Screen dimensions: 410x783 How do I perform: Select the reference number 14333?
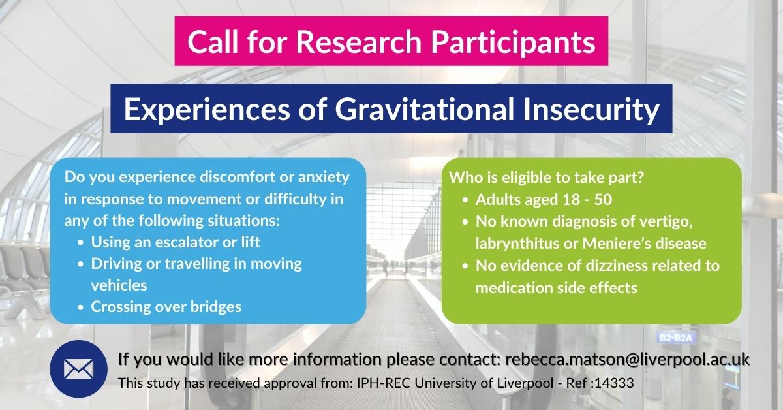pyautogui.click(x=615, y=383)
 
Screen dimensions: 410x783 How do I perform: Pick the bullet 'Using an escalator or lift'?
pyautogui.click(x=176, y=242)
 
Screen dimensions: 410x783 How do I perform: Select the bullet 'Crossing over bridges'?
pyautogui.click(x=166, y=306)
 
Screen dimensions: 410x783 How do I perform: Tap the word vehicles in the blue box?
pyautogui.click(x=119, y=285)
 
